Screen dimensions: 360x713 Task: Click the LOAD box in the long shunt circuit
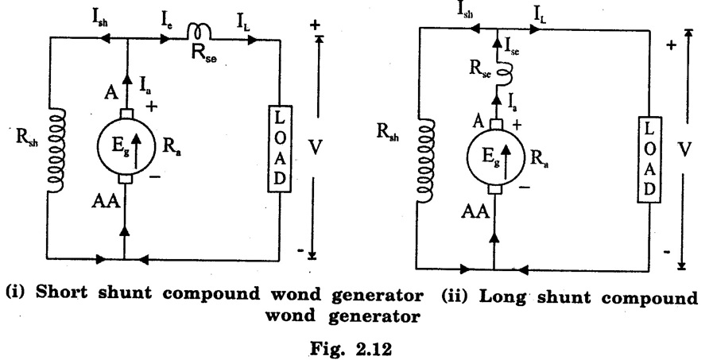(x=648, y=160)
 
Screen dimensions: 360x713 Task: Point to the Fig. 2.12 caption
(x=357, y=346)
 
